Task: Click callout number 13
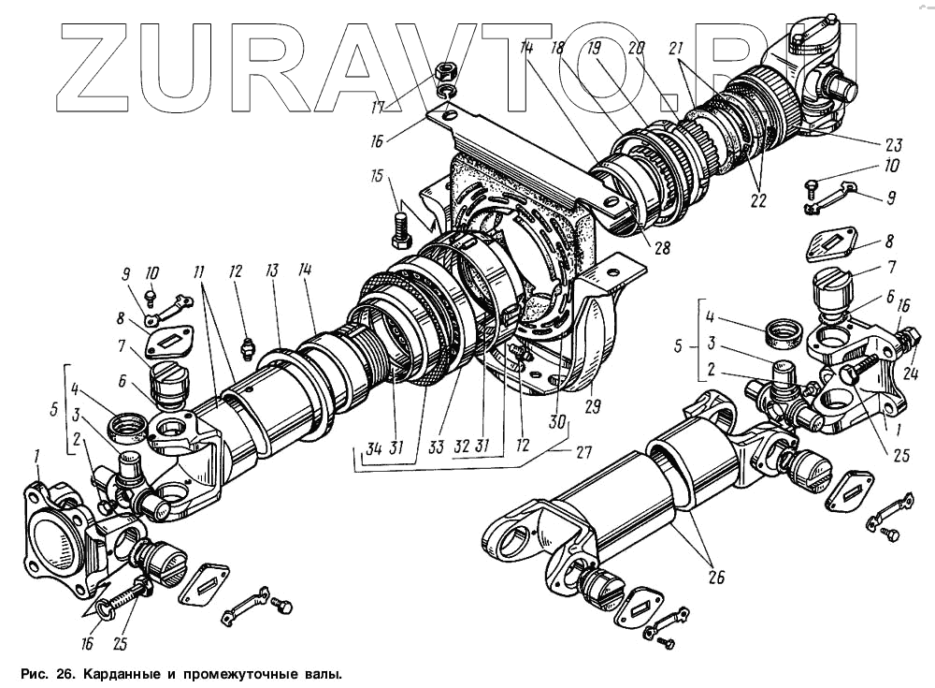tap(273, 271)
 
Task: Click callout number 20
tap(638, 50)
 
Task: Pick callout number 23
tap(894, 145)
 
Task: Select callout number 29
tap(591, 406)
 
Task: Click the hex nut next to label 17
tap(448, 71)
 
